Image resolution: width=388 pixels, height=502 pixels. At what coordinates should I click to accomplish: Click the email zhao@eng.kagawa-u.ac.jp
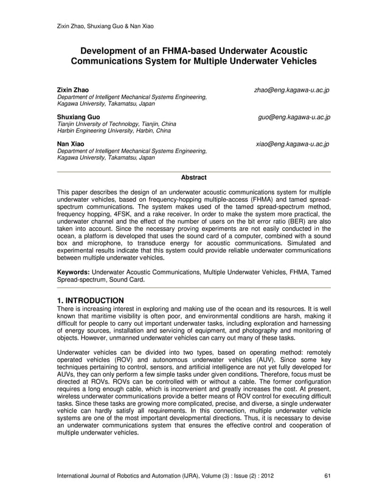click(291, 90)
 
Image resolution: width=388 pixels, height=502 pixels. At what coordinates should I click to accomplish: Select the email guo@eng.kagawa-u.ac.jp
click(294, 117)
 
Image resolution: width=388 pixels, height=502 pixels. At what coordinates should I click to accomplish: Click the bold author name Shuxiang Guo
click(75, 117)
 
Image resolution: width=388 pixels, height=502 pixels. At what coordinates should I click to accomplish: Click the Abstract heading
click(193, 177)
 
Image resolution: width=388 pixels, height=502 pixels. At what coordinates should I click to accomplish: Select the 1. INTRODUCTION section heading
click(90, 300)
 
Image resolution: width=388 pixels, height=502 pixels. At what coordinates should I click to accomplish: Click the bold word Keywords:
click(73, 272)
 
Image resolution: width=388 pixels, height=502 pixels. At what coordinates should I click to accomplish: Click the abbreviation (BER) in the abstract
click(279, 222)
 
